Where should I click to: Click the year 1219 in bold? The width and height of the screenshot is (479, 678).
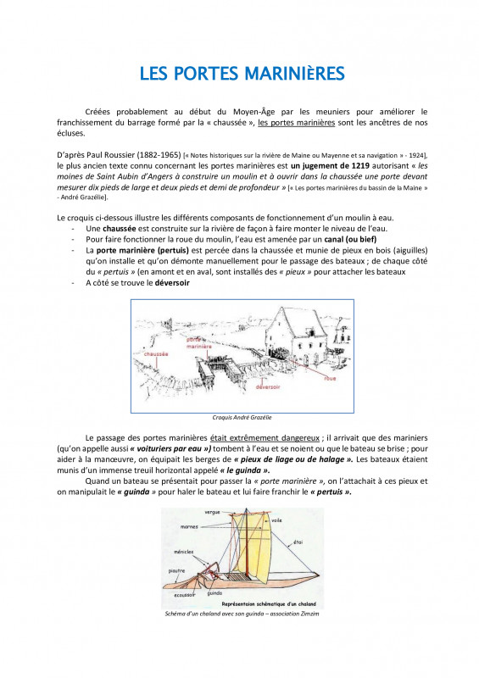(360, 165)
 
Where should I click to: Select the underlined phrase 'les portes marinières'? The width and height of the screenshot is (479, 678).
(297, 122)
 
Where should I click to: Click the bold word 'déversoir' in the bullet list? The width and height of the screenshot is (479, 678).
(172, 283)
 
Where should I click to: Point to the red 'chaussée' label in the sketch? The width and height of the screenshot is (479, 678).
(156, 353)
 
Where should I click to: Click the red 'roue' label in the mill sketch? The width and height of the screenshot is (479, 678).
(330, 378)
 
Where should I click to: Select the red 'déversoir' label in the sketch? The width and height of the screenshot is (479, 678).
(268, 387)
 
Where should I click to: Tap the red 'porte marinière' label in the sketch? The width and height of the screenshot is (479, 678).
(199, 343)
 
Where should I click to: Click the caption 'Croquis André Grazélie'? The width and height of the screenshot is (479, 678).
(242, 418)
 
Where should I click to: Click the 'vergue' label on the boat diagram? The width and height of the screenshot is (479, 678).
(212, 512)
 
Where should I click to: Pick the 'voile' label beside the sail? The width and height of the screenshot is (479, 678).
(276, 520)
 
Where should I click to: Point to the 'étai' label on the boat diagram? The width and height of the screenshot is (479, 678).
(298, 542)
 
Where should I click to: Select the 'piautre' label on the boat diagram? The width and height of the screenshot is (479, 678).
(176, 570)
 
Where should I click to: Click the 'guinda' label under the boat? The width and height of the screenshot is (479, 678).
(214, 593)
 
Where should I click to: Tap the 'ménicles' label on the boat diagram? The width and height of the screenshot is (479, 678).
(183, 553)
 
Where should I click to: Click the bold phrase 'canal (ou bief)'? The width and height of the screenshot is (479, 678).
(350, 239)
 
